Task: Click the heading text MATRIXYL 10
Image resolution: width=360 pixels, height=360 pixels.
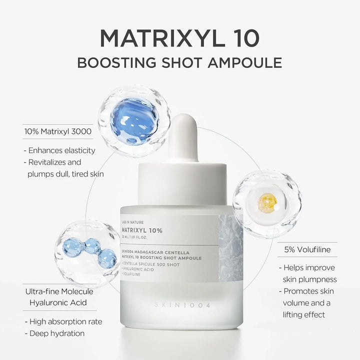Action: pyautogui.click(x=179, y=38)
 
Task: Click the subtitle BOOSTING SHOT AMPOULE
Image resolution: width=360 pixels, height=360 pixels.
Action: pyautogui.click(x=179, y=63)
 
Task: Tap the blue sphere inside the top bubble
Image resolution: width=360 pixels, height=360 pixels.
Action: pyautogui.click(x=133, y=120)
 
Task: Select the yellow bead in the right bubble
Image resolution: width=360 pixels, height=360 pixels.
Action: pyautogui.click(x=267, y=203)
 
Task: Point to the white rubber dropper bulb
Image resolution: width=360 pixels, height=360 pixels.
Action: pyautogui.click(x=182, y=135)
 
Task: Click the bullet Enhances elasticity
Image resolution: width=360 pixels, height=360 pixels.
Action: pyautogui.click(x=59, y=150)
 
